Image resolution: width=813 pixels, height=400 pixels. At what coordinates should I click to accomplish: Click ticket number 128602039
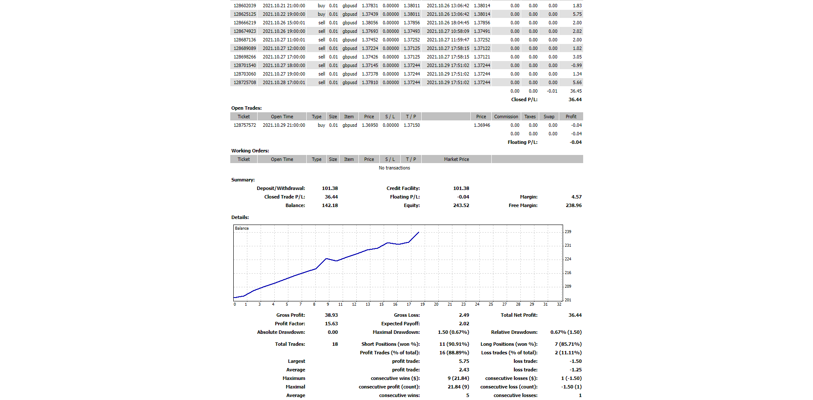245,6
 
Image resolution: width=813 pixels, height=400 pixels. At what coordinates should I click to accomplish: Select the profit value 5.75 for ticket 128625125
577,14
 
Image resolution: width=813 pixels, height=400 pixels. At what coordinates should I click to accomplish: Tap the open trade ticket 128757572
245,125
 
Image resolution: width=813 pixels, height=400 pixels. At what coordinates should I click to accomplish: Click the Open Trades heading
247,108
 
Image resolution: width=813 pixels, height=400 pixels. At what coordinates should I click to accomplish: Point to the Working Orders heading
250,151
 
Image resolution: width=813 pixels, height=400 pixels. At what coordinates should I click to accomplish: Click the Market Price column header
456,159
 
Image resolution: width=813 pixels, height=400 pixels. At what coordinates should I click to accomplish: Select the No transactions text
394,168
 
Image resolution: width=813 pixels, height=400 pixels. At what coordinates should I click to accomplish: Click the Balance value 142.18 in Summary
330,205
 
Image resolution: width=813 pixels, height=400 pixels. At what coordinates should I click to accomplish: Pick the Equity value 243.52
461,205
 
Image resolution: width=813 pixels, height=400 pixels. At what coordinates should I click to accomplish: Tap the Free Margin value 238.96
573,205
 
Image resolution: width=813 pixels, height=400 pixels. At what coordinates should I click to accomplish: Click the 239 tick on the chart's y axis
568,232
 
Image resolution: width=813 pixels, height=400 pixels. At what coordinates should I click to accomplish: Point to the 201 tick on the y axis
568,300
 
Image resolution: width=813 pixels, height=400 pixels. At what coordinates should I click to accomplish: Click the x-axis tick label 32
559,304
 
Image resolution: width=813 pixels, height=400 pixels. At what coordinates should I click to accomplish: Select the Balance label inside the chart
242,228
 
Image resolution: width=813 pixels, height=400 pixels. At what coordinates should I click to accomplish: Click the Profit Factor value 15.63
331,324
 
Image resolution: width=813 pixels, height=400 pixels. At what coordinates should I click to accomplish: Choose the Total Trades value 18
335,344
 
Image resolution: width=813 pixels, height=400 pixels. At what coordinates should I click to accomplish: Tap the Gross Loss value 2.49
464,315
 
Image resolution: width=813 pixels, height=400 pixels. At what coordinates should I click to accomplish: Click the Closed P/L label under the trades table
524,99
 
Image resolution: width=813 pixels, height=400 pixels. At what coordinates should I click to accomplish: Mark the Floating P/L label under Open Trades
522,142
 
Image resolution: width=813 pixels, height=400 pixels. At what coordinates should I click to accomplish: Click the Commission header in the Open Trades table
506,117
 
